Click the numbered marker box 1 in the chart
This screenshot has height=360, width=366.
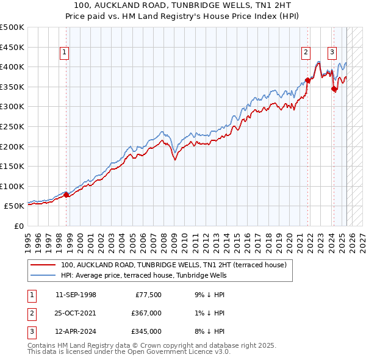pos(64,53)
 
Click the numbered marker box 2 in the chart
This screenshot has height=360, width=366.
pos(306,53)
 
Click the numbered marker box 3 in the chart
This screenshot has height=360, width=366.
pos(332,53)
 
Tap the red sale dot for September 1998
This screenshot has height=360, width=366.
pos(66,195)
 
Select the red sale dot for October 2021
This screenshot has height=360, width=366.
pos(308,80)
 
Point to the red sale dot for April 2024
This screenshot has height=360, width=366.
pos(334,89)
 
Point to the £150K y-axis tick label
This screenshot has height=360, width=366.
pos(12,166)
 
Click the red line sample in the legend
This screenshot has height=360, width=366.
pos(44,265)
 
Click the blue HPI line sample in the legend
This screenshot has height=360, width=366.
pos(44,276)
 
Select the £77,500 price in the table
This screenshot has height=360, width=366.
pos(147,295)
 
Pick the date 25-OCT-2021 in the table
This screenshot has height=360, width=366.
pos(76,313)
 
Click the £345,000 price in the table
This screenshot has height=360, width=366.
pos(147,331)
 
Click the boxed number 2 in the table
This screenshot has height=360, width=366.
pos(30,313)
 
